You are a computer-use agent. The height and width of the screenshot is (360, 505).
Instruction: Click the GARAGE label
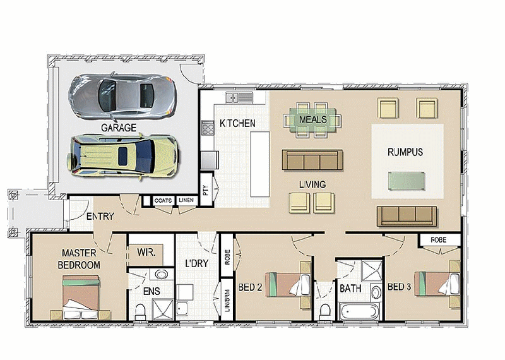click(119, 128)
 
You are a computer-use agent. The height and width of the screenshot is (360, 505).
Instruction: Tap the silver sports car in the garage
click(122, 97)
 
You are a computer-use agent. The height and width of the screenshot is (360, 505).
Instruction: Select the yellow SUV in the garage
click(122, 157)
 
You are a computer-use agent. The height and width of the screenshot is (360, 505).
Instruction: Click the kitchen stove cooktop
click(208, 129)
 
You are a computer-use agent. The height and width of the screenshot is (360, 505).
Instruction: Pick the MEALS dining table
click(312, 120)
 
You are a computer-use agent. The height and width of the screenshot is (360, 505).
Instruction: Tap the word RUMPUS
click(405, 152)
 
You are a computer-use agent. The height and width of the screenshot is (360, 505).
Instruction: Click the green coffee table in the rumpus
click(407, 181)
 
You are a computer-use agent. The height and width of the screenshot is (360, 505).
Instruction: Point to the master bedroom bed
click(81, 297)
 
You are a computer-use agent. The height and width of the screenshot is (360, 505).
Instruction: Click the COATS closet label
click(163, 200)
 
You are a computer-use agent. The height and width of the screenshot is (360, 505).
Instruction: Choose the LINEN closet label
click(186, 200)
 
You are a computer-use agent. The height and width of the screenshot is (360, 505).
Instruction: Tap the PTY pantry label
click(206, 190)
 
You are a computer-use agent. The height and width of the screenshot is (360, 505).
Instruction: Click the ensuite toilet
click(140, 312)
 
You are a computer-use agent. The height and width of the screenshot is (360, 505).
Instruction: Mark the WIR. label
click(146, 252)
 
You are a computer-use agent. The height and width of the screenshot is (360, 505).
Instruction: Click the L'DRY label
click(197, 263)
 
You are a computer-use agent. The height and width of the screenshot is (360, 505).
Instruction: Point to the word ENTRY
click(100, 216)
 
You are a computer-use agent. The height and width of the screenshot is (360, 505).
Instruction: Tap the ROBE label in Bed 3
click(439, 240)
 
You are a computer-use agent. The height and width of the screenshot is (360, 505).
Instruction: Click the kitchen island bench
click(260, 164)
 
